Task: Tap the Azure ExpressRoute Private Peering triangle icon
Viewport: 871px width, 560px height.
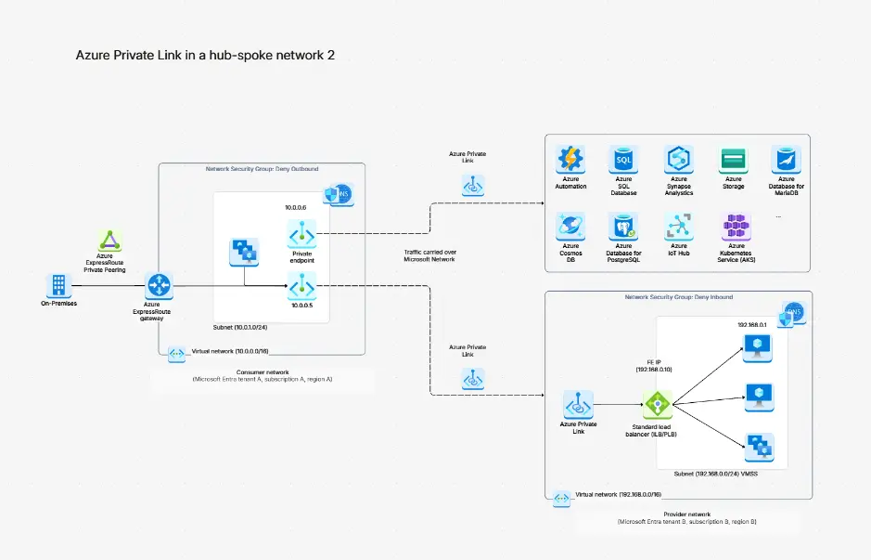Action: coord(110,240)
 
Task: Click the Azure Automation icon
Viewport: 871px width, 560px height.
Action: coord(570,160)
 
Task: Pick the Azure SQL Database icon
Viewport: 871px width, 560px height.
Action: coord(623,160)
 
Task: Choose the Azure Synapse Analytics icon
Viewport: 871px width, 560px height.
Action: coord(679,160)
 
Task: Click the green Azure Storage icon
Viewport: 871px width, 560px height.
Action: coord(734,160)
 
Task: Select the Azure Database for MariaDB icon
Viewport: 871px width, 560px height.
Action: coord(788,160)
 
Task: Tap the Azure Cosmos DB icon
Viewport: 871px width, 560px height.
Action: coord(570,226)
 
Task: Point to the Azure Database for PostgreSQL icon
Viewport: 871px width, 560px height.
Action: coord(623,226)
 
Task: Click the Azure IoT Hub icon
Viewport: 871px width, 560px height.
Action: coord(679,226)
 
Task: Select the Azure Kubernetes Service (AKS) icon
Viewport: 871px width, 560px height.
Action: coord(734,226)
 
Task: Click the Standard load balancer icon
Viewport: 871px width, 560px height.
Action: coord(657,404)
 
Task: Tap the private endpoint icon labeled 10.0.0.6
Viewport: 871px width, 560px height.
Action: coord(302,233)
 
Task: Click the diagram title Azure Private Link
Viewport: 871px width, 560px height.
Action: coord(205,56)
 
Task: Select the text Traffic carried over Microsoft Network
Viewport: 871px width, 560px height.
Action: coord(430,255)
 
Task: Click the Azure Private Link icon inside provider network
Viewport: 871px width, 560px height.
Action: coord(578,405)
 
